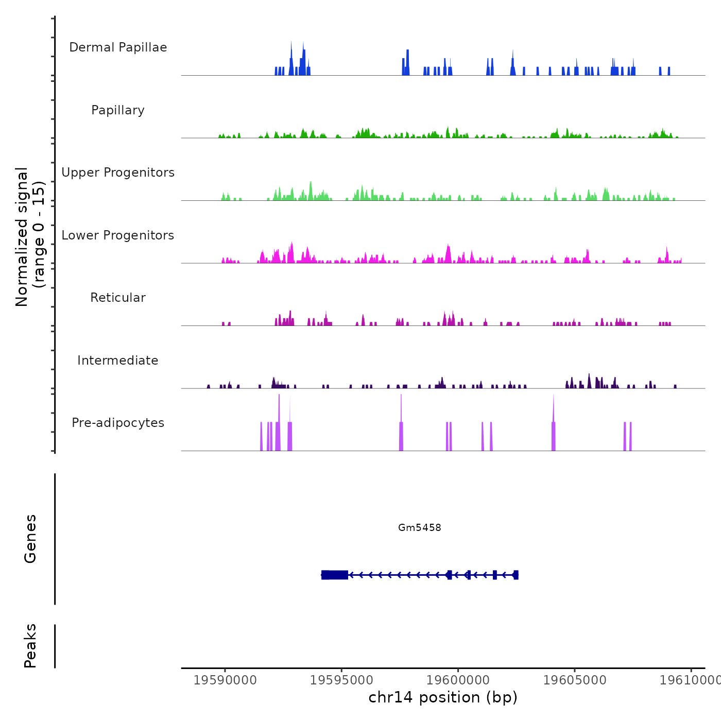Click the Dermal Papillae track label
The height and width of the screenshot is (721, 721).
(x=118, y=47)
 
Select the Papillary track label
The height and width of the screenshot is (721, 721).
(x=118, y=110)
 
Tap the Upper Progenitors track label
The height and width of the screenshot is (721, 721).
(x=118, y=173)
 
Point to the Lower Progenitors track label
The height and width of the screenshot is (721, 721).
(x=118, y=235)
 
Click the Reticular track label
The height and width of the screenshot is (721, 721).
(x=118, y=298)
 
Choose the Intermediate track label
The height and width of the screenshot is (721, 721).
(x=118, y=360)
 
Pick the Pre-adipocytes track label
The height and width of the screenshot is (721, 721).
(x=118, y=423)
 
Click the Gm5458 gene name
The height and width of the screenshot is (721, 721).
(x=419, y=527)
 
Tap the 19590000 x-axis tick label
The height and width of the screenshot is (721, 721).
(x=225, y=680)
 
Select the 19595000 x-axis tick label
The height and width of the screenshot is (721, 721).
(x=341, y=680)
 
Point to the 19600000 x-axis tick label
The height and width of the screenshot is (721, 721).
(x=458, y=680)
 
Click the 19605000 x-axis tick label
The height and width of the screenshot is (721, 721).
(x=575, y=680)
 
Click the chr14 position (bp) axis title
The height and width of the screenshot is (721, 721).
(x=443, y=697)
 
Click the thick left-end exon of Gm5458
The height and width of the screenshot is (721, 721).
(x=335, y=575)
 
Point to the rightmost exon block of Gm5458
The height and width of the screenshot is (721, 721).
(x=516, y=575)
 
